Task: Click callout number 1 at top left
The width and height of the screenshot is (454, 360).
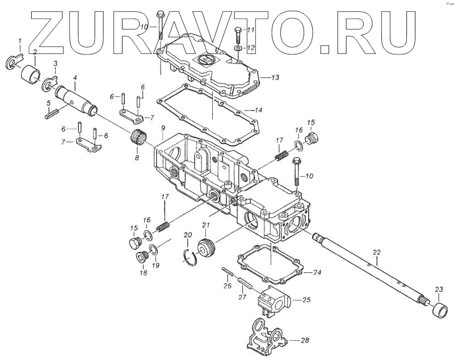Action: [x=20, y=41]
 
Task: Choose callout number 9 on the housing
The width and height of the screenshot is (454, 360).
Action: [x=163, y=129]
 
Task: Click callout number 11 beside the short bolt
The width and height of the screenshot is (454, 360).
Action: [x=250, y=29]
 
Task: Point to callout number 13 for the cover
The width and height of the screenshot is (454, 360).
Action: [x=275, y=77]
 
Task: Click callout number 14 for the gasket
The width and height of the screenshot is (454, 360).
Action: [x=258, y=110]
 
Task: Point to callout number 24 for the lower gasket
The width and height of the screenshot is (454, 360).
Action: [x=317, y=273]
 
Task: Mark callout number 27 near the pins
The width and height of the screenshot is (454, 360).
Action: [x=242, y=297]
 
